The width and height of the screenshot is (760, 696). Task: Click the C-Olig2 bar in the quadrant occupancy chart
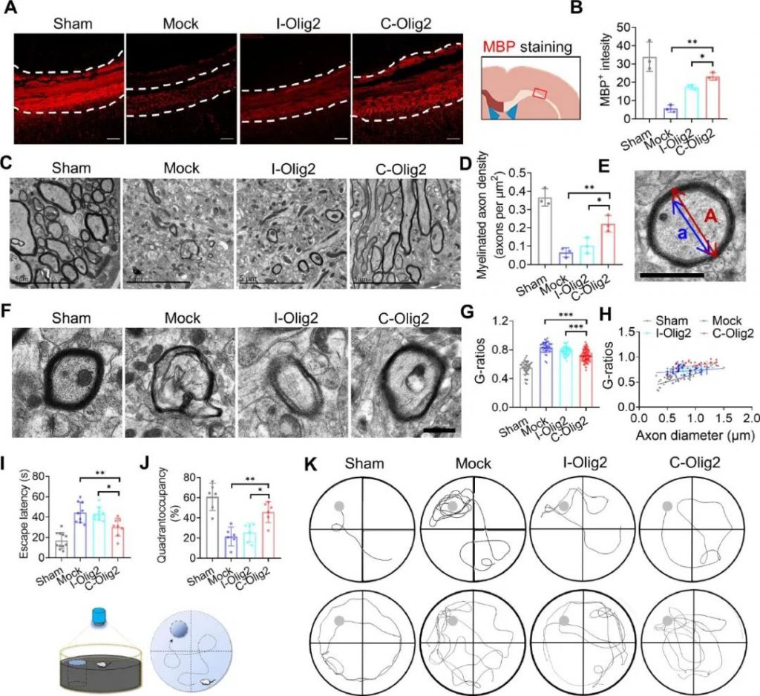266,535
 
